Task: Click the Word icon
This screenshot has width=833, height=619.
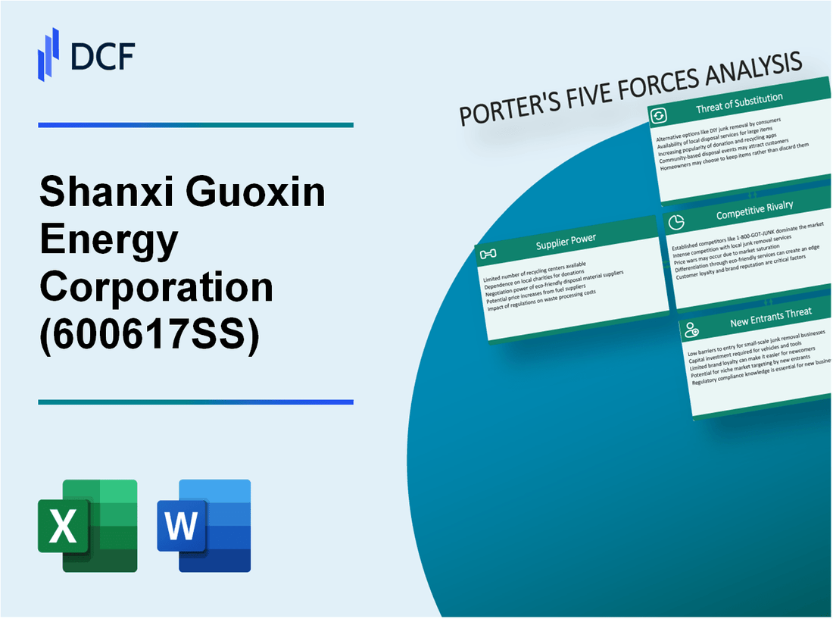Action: point(204,525)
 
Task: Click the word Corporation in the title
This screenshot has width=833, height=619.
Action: point(157,287)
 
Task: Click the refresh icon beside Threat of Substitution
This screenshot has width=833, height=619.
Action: point(659,115)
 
